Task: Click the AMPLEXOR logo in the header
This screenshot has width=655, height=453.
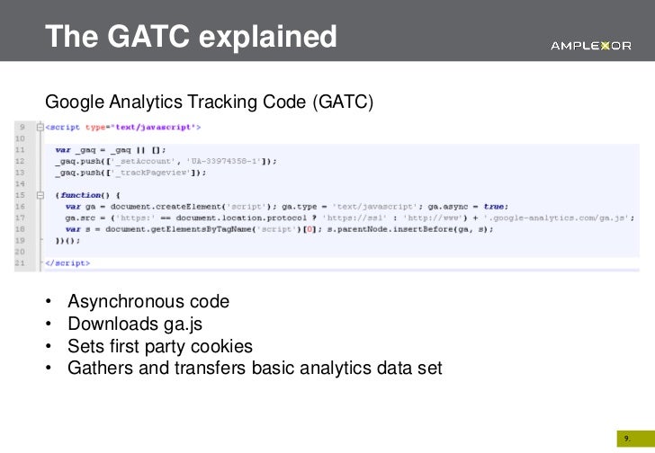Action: (x=590, y=46)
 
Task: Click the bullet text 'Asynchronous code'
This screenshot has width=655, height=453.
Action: (x=148, y=301)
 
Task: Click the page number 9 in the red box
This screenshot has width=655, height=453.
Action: (x=626, y=438)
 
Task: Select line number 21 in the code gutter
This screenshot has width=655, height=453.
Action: (x=19, y=263)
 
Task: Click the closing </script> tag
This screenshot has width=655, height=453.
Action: (x=67, y=263)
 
